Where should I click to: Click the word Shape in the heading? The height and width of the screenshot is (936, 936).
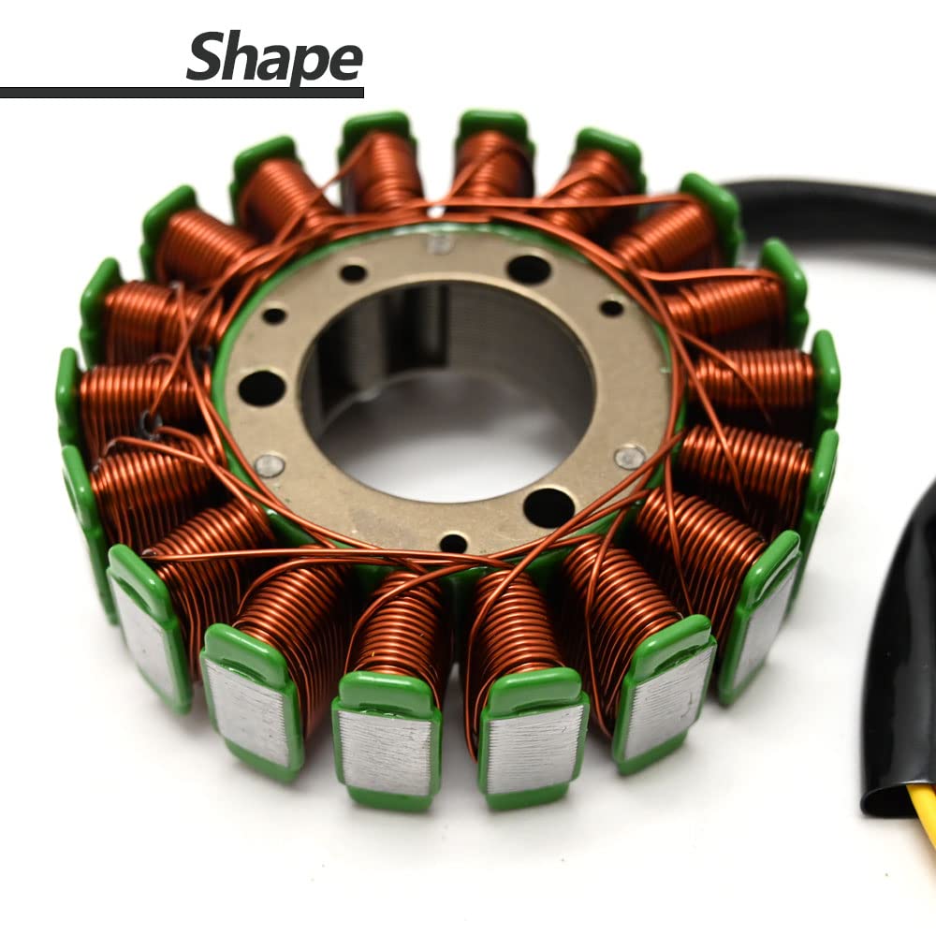(x=273, y=58)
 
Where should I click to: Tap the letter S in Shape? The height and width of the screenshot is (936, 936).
(x=207, y=56)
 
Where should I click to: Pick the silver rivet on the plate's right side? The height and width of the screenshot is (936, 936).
(x=629, y=456)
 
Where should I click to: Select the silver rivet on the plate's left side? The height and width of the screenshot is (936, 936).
(x=270, y=464)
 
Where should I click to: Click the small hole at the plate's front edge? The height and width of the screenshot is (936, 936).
(x=453, y=542)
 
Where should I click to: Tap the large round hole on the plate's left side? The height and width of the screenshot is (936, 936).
(x=262, y=387)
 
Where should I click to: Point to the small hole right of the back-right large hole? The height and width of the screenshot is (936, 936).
(x=611, y=307)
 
